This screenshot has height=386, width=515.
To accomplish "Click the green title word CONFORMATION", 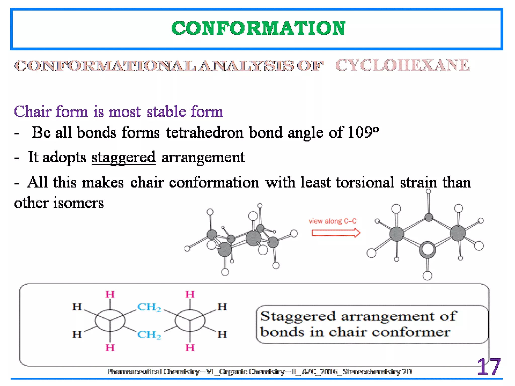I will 258,28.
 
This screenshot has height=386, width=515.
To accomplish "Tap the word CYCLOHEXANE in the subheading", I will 402,65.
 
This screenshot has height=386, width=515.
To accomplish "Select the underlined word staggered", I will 123,158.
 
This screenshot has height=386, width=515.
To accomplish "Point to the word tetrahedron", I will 205,132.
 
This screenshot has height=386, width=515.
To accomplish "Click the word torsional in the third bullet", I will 365,182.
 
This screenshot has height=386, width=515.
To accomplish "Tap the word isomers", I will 78,203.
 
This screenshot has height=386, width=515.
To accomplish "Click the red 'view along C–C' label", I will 332,221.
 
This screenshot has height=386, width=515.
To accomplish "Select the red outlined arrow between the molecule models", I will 336,233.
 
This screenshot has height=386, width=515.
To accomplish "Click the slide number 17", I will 488,367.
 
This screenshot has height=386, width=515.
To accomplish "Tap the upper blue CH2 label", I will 149,307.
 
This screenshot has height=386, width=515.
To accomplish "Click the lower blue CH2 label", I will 149,335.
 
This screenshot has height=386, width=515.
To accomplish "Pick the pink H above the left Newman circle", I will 110,294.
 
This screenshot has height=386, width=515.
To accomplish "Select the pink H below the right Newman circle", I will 190,348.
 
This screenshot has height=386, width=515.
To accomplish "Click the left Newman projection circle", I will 110,321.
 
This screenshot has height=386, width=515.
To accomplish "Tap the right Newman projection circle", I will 190,321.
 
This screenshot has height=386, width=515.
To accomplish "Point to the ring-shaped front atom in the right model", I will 427,249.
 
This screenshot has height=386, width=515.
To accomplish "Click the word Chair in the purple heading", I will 33,112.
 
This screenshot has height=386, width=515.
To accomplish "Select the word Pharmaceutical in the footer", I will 134,372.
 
